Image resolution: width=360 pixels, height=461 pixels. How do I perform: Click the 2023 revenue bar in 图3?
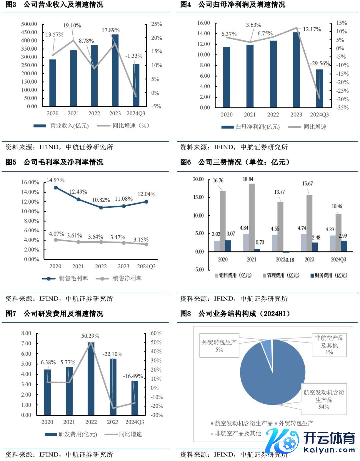click(x=115, y=71)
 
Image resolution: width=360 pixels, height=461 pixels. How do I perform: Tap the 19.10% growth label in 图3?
click(x=72, y=26)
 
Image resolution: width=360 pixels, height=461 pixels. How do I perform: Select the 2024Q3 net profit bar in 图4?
click(x=319, y=88)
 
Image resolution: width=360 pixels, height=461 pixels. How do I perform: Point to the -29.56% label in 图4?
click(x=320, y=63)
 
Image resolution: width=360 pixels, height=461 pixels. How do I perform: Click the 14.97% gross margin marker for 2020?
click(x=56, y=188)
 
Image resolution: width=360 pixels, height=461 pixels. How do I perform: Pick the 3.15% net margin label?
click(x=141, y=239)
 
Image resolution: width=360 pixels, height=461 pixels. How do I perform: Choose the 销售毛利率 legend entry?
click(x=65, y=278)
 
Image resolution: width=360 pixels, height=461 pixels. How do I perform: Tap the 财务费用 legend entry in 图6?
click(x=329, y=275)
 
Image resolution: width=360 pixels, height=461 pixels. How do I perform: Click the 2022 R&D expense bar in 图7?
click(x=91, y=378)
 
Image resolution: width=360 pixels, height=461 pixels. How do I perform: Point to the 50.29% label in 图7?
click(x=90, y=336)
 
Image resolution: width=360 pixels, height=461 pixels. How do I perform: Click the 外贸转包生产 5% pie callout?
click(x=219, y=346)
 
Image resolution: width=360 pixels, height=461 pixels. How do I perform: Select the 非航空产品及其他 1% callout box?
click(x=329, y=345)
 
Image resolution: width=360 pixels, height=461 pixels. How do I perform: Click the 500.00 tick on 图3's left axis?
click(x=29, y=24)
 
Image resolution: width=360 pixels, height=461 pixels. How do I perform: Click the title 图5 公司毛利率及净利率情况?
click(x=54, y=162)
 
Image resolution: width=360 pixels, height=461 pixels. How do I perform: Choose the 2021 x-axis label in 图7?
click(x=69, y=422)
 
